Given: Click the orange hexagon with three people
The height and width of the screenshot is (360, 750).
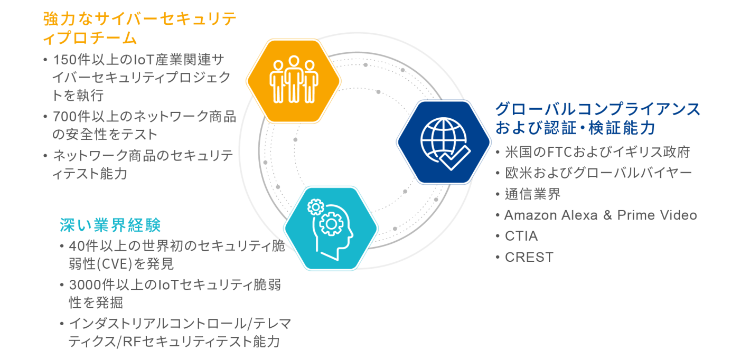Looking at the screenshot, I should point(293,81).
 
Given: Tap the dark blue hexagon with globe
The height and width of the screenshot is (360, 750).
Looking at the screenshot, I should point(444,141).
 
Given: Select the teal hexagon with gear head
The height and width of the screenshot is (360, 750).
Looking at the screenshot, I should point(331,228).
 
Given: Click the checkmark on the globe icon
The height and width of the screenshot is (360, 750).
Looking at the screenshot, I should point(455,157).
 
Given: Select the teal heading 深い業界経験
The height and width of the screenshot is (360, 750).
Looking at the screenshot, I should point(110,225).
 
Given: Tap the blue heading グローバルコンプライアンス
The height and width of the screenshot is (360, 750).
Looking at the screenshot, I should point(597,109).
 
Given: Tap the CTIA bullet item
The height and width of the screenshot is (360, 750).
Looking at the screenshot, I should point(521,236).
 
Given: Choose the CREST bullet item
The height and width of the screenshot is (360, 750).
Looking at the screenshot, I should point(529,257).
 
